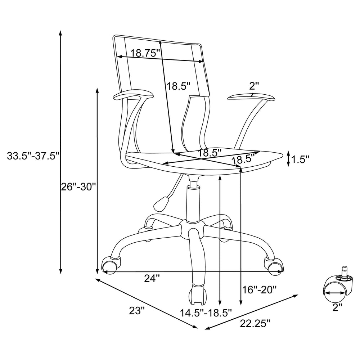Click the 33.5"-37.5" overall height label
33,156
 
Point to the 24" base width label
152,279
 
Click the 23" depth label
137,311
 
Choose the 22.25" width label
255,324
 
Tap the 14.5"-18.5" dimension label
206,313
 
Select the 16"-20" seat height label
260,290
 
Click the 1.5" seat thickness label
300,159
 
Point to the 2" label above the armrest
254,86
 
